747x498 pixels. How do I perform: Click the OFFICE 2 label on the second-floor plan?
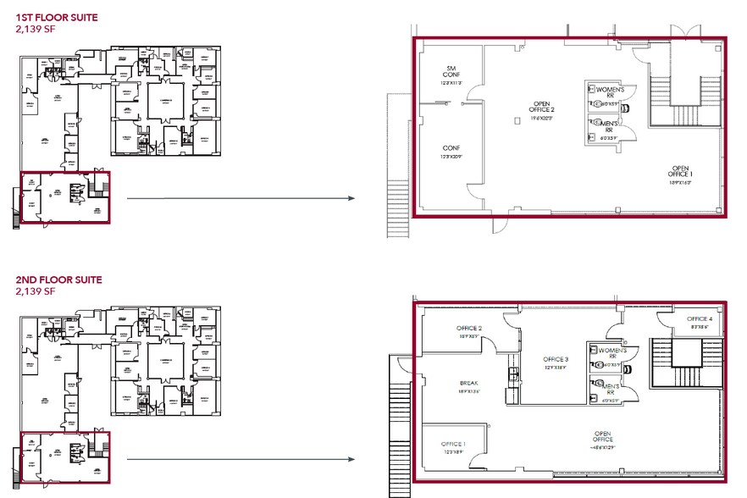[x=468, y=328]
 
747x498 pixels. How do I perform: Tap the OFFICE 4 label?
[x=700, y=318]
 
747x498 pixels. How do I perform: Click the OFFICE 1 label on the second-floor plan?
[x=453, y=444]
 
